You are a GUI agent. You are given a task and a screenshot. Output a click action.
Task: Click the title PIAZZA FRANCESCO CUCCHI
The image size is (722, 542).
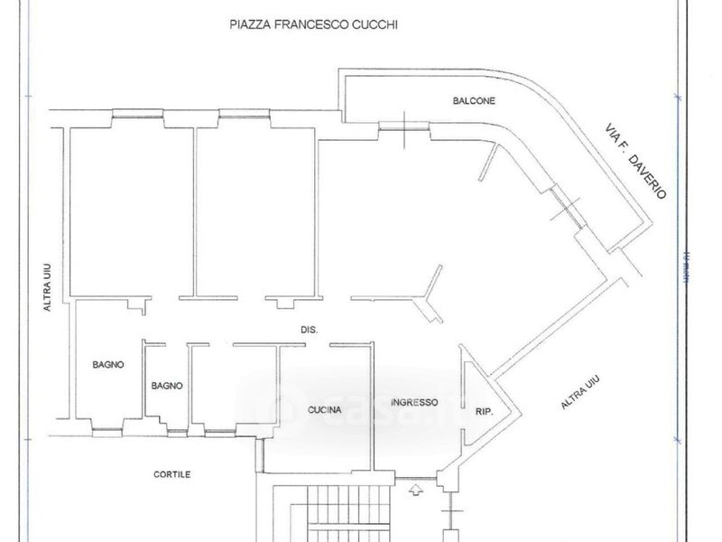[x=314, y=25]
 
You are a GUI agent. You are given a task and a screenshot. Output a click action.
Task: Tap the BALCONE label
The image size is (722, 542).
[x=474, y=101]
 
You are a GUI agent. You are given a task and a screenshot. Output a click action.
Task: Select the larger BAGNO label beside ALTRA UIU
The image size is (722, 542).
[x=108, y=365]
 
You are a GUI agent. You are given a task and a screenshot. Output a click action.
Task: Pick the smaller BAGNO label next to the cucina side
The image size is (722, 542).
[x=167, y=386]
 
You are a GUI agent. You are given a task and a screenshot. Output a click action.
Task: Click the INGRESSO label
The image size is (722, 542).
[x=414, y=402]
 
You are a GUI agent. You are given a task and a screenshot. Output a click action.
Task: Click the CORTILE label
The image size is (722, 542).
[x=171, y=474]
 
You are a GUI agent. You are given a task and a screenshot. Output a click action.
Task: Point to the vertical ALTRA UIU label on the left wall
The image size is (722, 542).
[x=50, y=288]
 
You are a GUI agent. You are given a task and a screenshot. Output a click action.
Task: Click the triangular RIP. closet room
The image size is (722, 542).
[x=476, y=397]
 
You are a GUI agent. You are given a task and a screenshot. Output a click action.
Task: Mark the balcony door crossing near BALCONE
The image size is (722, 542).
[x=404, y=128]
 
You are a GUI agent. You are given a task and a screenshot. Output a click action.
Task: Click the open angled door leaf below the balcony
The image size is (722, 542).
[x=487, y=162]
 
